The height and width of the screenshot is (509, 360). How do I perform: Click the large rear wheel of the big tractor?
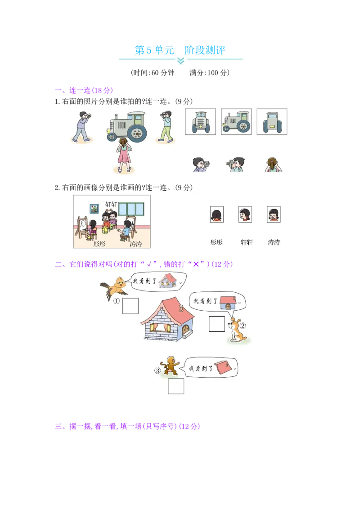137,132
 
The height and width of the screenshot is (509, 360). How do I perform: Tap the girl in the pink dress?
123,155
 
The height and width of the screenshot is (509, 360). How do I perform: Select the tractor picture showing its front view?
200,121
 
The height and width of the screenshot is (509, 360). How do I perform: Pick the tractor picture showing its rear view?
272,121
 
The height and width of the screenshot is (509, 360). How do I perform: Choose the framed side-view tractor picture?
236,121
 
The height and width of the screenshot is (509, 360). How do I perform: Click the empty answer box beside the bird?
130,306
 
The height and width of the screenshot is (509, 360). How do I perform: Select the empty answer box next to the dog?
216,324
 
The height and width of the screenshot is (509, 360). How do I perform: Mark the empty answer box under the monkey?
176,386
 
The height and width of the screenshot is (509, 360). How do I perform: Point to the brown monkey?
171,365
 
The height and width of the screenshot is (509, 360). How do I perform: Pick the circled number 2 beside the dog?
243,326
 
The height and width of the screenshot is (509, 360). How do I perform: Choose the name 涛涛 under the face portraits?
274,242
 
